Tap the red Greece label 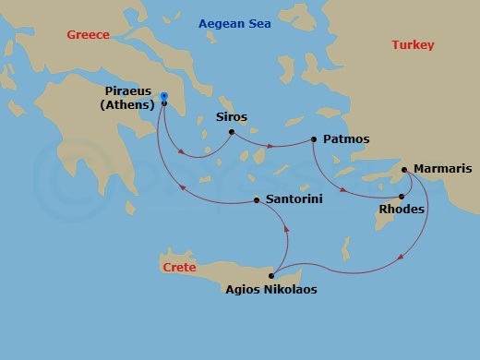[88, 35]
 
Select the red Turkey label [412, 45]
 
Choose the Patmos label [347, 139]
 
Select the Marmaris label [443, 169]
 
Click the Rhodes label [402, 210]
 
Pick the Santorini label [294, 199]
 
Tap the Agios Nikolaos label [271, 289]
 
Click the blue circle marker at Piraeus [163, 96]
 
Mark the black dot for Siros [231, 133]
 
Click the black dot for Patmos [314, 139]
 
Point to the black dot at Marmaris [404, 169]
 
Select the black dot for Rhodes [401, 196]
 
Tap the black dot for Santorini [256, 200]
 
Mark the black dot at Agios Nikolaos [271, 275]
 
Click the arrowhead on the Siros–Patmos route [270, 146]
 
